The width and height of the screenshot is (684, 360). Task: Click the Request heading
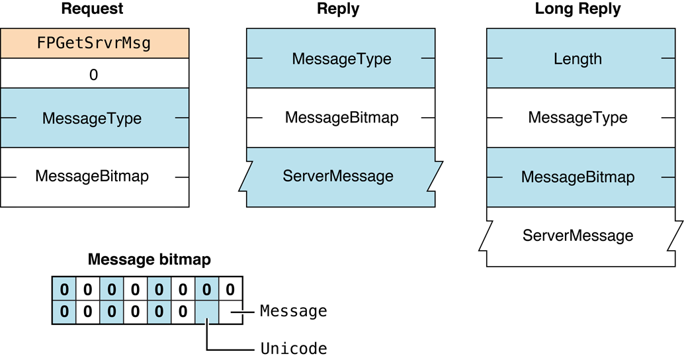(x=93, y=9)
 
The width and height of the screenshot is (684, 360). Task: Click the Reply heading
(x=338, y=9)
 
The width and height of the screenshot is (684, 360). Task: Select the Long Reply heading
(x=577, y=9)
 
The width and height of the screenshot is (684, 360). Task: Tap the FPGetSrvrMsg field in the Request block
(x=95, y=44)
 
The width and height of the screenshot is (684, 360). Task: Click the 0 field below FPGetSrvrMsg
(x=93, y=75)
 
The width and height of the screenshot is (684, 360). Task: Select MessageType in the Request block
(x=92, y=118)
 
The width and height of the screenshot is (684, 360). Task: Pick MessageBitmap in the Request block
(x=92, y=176)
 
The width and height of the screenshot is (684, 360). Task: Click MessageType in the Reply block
(x=341, y=58)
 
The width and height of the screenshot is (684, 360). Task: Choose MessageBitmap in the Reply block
(x=341, y=118)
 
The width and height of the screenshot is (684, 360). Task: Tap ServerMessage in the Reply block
(x=338, y=176)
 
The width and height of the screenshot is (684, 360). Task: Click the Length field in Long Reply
(x=577, y=58)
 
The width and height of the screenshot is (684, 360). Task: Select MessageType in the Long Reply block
(x=577, y=118)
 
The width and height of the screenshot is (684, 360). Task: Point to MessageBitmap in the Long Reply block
(x=577, y=177)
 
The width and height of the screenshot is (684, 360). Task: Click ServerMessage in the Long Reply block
(x=577, y=235)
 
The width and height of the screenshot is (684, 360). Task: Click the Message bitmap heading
(x=149, y=259)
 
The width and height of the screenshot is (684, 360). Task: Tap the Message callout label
(x=293, y=311)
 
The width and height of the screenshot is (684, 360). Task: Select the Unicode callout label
(x=293, y=347)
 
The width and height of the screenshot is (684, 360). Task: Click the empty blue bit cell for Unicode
(x=206, y=311)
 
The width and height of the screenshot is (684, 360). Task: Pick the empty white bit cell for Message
(x=230, y=311)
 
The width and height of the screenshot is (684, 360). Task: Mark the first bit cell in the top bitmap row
(x=64, y=290)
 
